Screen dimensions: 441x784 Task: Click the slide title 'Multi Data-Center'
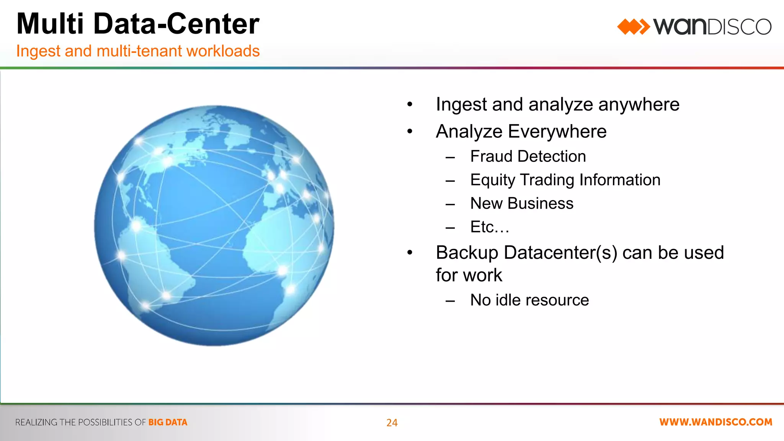pos(138,24)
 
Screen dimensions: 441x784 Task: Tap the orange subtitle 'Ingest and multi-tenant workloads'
pos(138,51)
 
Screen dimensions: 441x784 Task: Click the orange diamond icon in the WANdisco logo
pos(633,27)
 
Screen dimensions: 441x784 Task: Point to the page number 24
pos(392,423)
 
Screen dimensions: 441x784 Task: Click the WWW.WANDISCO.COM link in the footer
pos(715,422)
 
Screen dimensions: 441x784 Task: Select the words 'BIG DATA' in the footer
pos(168,422)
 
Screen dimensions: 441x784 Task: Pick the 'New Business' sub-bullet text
pos(522,203)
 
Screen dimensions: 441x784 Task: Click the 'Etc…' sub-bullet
pos(490,227)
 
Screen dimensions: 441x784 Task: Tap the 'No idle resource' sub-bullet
pos(529,300)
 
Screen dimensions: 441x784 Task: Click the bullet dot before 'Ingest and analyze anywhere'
pos(410,105)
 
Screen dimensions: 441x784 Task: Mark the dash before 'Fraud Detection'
pos(450,157)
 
